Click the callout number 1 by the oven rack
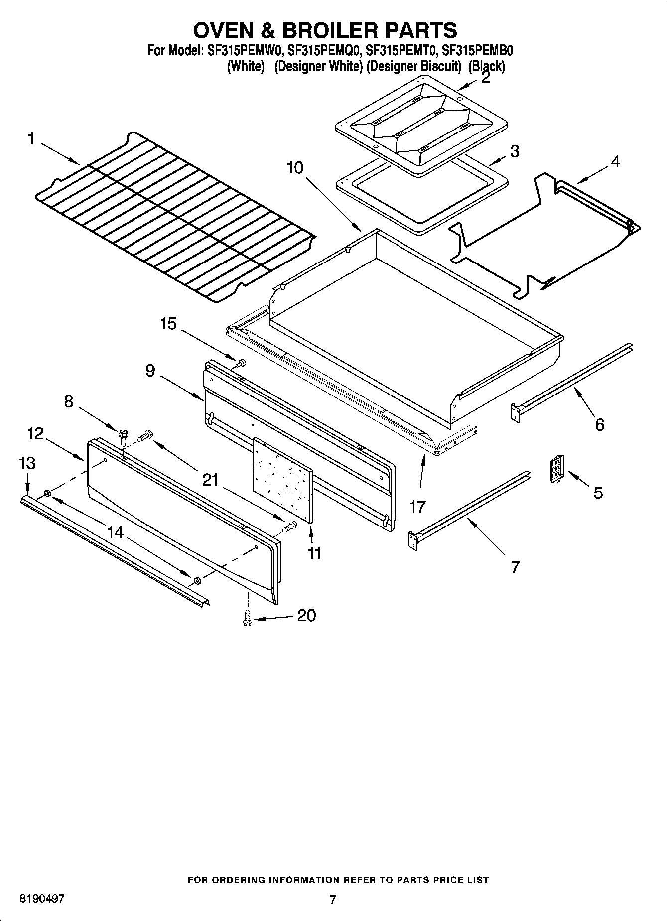pos(31,139)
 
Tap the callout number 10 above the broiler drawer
pos(295,168)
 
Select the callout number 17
pos(417,507)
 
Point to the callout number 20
pos(306,616)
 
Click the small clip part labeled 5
pos(556,469)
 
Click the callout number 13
pos(27,463)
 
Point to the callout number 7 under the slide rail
pos(515,566)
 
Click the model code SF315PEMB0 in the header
pos(478,50)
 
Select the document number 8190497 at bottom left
pos(42,899)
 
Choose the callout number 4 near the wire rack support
pos(615,161)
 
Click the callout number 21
pos(211,480)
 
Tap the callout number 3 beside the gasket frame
pos(515,151)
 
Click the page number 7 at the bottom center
pos(333,899)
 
